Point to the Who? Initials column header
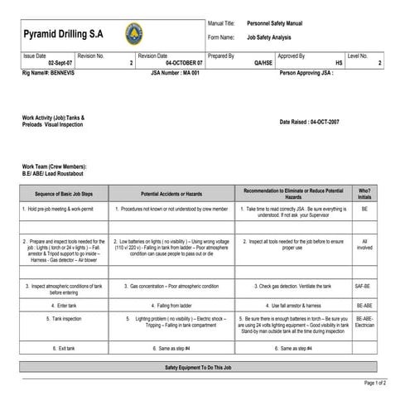coord(364,192)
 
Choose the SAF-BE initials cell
coord(364,286)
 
